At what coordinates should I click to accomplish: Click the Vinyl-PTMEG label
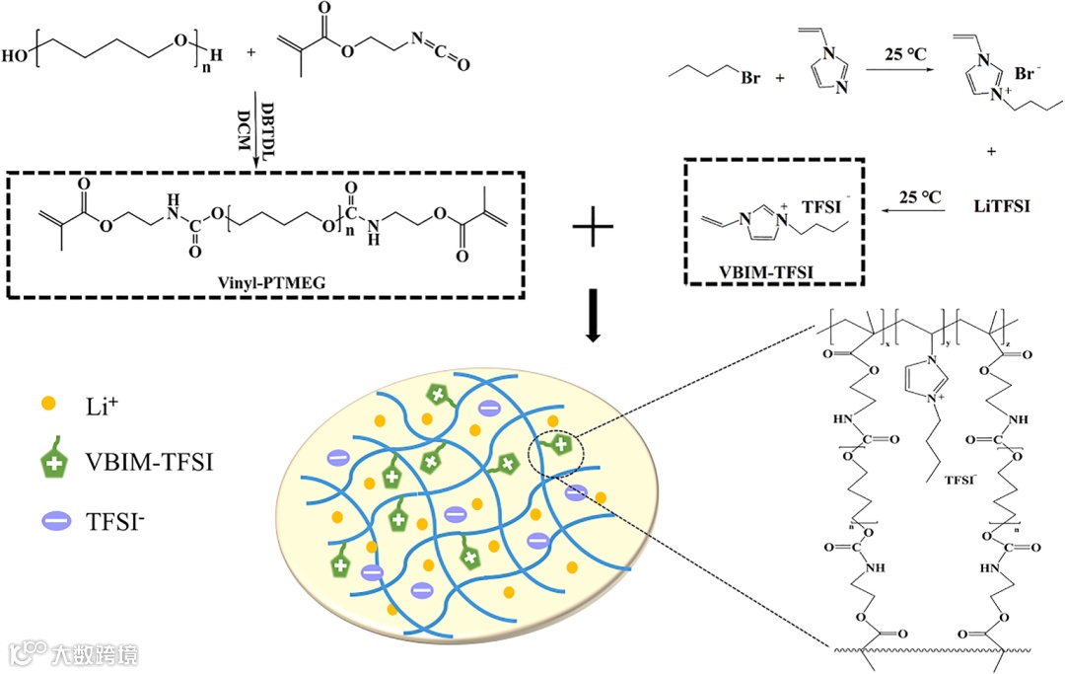click(265, 281)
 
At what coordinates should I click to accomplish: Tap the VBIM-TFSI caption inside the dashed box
click(770, 269)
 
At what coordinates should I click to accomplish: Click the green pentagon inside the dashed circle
click(559, 446)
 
